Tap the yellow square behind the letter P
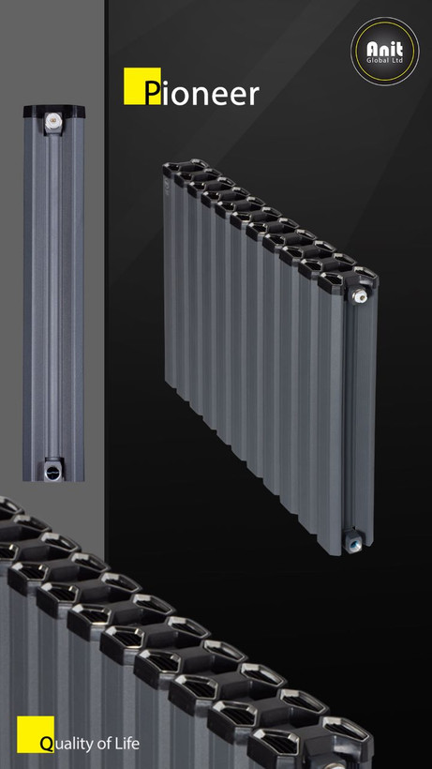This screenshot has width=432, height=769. (142, 86)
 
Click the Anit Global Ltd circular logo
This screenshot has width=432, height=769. (385, 52)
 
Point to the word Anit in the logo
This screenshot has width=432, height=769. (385, 49)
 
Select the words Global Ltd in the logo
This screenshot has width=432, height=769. (385, 61)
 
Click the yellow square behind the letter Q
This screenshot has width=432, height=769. (36, 734)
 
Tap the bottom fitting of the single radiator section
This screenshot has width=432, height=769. (52, 471)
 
